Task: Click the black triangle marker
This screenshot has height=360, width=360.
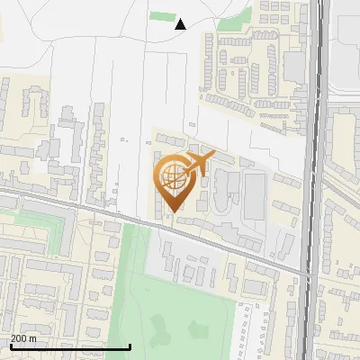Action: tap(181, 24)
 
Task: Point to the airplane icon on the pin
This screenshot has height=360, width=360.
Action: tap(198, 164)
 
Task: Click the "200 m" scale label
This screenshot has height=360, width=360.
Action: tap(24, 338)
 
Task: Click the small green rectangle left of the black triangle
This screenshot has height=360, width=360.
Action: tap(162, 16)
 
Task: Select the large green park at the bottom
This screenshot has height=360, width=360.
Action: tap(180, 315)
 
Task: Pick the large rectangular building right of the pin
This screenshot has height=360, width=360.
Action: tap(256, 195)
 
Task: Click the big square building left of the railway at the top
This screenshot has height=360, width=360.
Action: tap(294, 65)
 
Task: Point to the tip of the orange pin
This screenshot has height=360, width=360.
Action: tap(173, 211)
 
